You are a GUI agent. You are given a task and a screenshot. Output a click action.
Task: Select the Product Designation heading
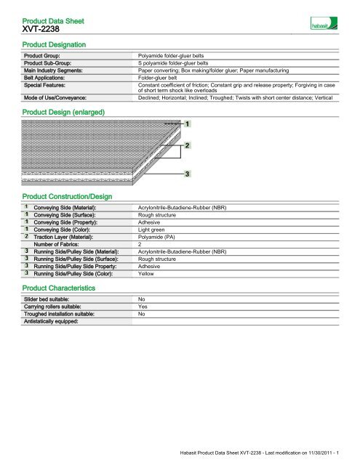pos(55,45)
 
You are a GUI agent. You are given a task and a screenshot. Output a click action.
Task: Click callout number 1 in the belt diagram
pos(189,125)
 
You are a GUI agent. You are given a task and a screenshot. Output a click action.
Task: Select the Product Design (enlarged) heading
pos(64,113)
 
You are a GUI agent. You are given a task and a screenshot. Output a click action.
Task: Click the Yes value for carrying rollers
pos(143,306)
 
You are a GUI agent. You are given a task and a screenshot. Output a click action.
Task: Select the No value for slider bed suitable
pos(142,299)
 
